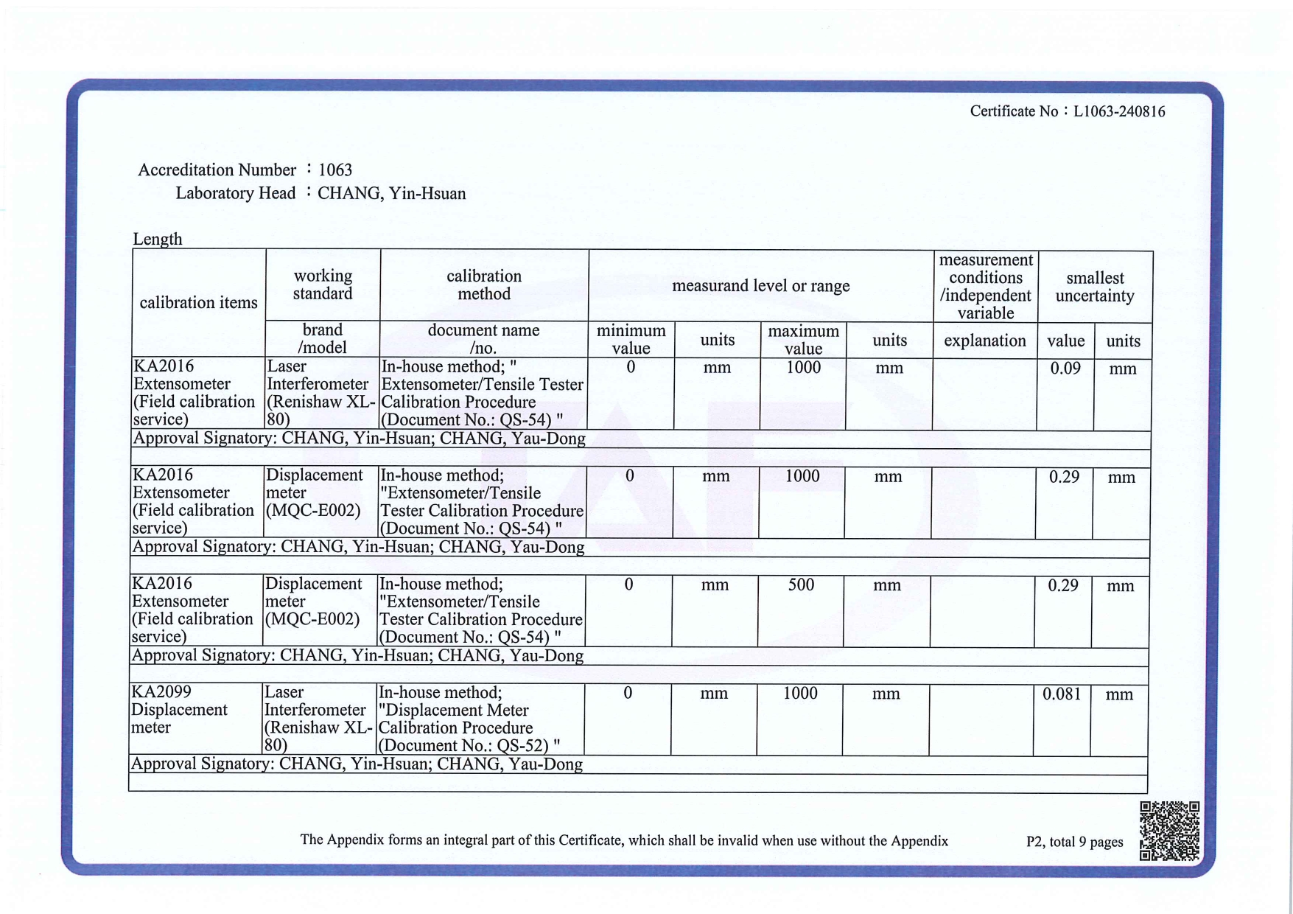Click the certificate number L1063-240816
pyautogui.click(x=1118, y=112)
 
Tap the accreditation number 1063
pyautogui.click(x=335, y=170)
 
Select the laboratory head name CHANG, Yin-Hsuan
pyautogui.click(x=391, y=194)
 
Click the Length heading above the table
pyautogui.click(x=157, y=239)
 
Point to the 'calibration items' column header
pyautogui.click(x=198, y=302)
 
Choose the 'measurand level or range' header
pyautogui.click(x=760, y=286)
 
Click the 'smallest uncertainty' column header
pyautogui.click(x=1094, y=287)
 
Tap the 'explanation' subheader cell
pyautogui.click(x=984, y=341)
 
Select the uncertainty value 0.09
pyautogui.click(x=1065, y=369)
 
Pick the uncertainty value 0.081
pyautogui.click(x=1061, y=694)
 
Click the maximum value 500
pyautogui.click(x=801, y=585)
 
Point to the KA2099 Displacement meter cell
pyautogui.click(x=179, y=710)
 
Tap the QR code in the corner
pyautogui.click(x=1169, y=831)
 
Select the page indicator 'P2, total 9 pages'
pyautogui.click(x=1074, y=842)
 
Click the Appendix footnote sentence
pyautogui.click(x=623, y=840)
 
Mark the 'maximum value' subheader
pyautogui.click(x=803, y=340)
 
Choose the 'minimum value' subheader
pyautogui.click(x=631, y=340)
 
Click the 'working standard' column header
pyautogui.click(x=323, y=285)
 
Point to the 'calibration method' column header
pyautogui.click(x=483, y=285)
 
